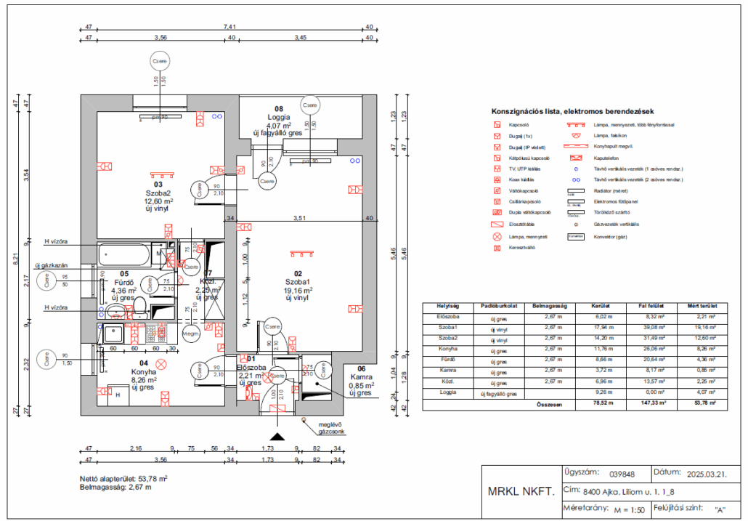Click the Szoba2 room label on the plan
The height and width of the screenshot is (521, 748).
158,193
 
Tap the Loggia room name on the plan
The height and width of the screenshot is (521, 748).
278,116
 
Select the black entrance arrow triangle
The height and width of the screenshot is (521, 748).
276,436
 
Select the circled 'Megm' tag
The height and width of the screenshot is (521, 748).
190,334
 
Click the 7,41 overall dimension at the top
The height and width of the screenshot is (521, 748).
228,27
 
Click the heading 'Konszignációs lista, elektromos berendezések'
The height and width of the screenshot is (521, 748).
573,112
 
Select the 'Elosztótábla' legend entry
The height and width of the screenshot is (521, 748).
523,225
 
